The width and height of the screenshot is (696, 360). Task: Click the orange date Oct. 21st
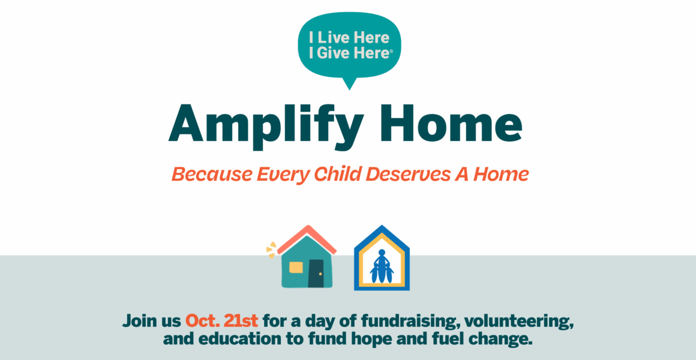pos(221,320)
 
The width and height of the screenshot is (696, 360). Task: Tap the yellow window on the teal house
pos(296,267)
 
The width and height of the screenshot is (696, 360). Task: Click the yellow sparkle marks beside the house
pos(271,250)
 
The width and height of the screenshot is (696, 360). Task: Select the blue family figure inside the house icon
pos(382,266)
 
